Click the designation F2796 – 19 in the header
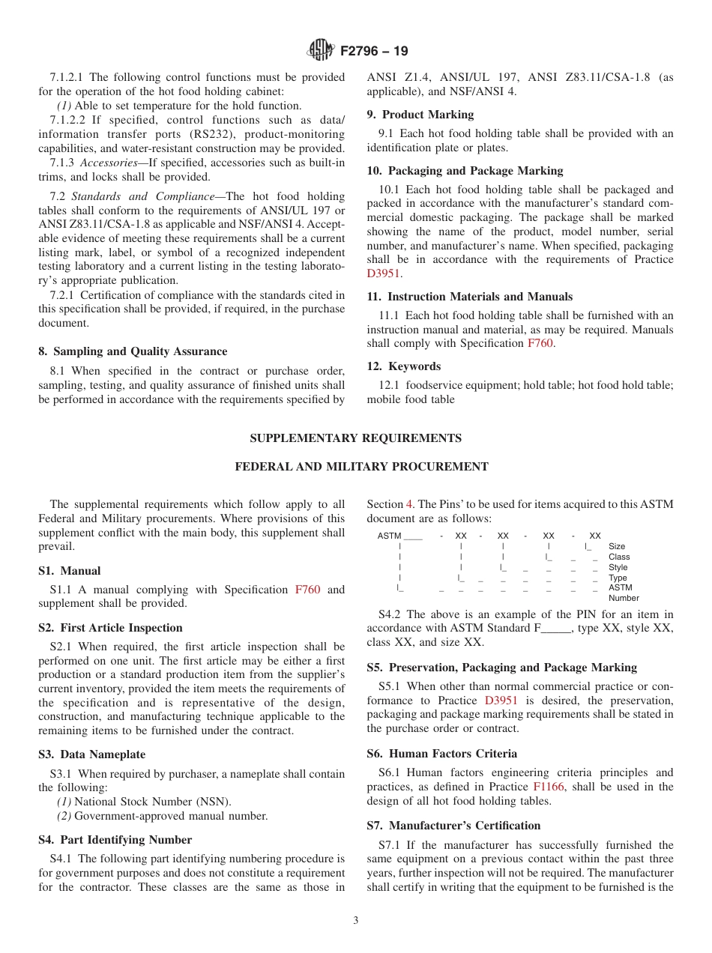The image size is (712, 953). pos(374,52)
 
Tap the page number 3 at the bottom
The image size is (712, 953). pos(356,921)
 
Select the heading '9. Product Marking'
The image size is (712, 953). pos(420,115)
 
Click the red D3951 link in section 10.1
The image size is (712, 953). pos(384,273)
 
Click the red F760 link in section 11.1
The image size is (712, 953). pos(540,343)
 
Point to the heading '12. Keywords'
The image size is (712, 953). pos(403,366)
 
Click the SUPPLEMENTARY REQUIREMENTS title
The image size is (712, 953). pos(355,438)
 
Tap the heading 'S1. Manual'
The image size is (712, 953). pos(69,571)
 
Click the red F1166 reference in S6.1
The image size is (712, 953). pos(548,787)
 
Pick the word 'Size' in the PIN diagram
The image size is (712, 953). pos(617,547)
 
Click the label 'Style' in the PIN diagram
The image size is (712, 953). pos(618,568)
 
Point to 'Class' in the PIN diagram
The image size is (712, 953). pos(619,557)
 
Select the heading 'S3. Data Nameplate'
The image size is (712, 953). pos(91,754)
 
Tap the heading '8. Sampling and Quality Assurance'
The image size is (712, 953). pos(133,351)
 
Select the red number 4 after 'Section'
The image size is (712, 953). pos(409,504)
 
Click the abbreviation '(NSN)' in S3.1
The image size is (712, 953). pos(214,802)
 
